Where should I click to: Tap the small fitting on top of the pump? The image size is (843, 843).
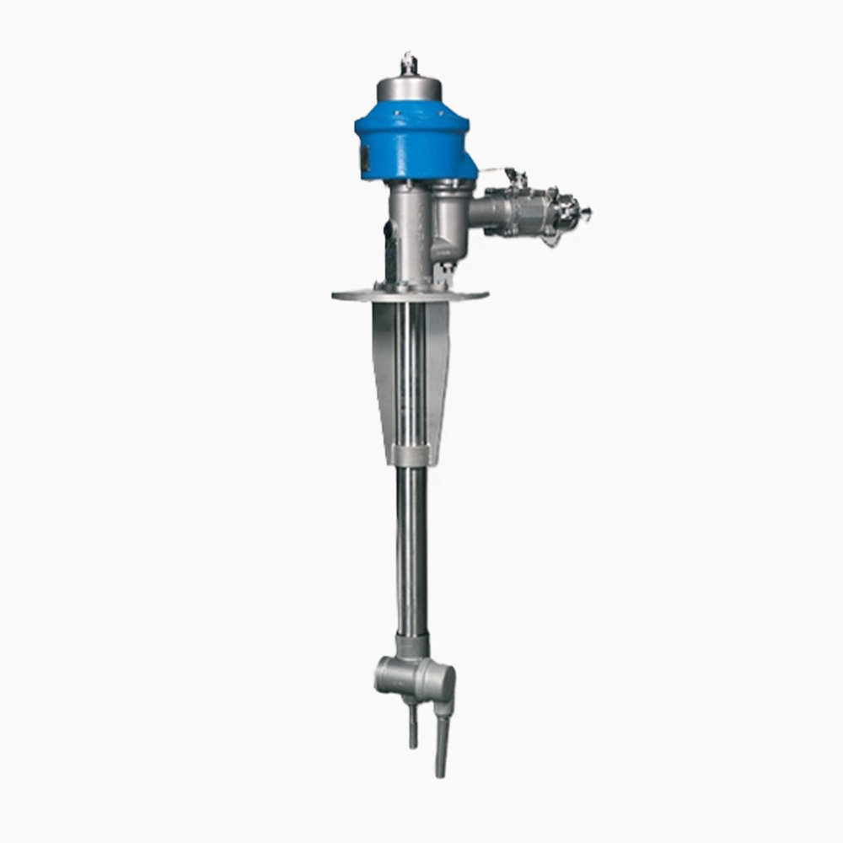[x=410, y=62]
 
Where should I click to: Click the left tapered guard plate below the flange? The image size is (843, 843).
[x=384, y=371]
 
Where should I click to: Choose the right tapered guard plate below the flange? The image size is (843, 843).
[x=438, y=371]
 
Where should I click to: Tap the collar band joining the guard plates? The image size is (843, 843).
[x=411, y=455]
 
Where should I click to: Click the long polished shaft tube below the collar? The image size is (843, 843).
[x=412, y=548]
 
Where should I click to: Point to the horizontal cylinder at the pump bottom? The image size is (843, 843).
[x=413, y=674]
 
